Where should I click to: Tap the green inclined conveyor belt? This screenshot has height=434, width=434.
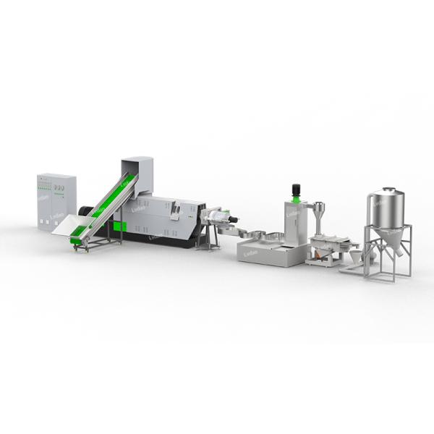[x=105, y=206]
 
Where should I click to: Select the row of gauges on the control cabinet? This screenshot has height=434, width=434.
[x=56, y=188]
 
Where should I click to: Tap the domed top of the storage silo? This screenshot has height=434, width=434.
[x=388, y=192]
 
